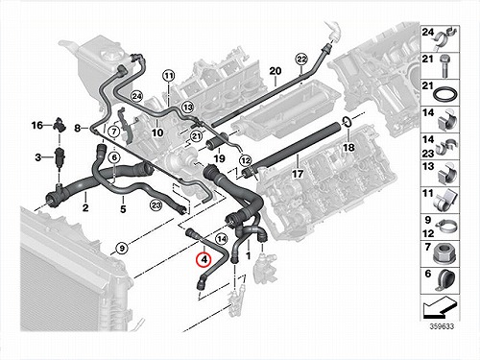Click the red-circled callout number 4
[x=204, y=259]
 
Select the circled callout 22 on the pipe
[x=301, y=60]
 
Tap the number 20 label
[x=275, y=71]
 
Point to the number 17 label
[x=298, y=174]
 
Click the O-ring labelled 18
[x=347, y=122]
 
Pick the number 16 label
[x=37, y=125]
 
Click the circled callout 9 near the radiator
[x=122, y=248]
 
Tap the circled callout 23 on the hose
[x=156, y=204]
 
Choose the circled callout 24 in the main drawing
[x=137, y=96]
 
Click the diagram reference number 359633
[x=442, y=326]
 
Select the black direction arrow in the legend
[x=440, y=307]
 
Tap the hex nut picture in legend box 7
[x=444, y=254]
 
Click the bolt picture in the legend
[x=444, y=66]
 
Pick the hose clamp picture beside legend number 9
[x=445, y=227]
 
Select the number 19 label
[x=219, y=158]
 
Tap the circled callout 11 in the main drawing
[x=169, y=76]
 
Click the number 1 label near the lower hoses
[x=248, y=255]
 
